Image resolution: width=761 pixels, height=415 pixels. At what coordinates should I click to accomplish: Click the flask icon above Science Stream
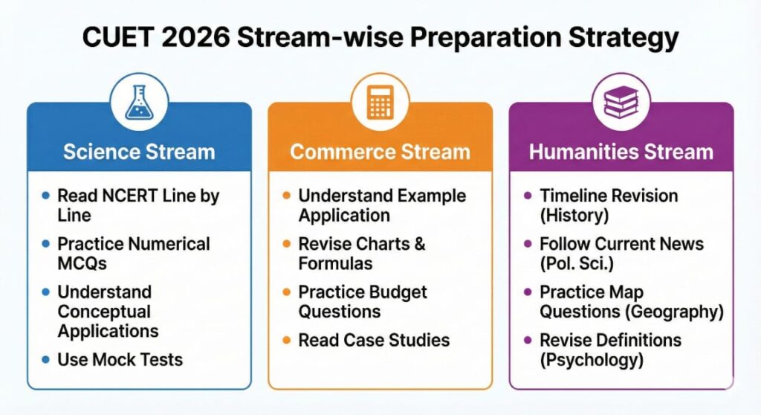coord(139,103)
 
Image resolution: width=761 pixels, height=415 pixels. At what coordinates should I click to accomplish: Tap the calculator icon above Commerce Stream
coord(380,103)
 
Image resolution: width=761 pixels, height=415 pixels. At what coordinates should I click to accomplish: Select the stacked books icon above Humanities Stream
coord(621,103)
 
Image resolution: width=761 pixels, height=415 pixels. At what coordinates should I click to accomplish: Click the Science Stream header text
coord(139,152)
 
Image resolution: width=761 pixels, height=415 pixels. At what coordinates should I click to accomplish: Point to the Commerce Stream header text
coord(380,152)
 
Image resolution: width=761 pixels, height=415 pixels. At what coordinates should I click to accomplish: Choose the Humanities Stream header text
coord(621,152)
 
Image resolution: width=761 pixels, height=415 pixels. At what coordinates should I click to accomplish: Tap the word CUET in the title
coord(116,37)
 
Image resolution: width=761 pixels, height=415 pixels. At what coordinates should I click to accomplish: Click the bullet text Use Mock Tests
coord(120,360)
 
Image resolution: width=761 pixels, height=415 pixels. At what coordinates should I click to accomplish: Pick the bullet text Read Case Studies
coord(374,341)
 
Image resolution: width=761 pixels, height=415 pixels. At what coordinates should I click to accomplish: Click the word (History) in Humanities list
coord(574,215)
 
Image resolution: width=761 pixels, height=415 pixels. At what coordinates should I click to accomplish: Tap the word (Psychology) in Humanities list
coord(591,360)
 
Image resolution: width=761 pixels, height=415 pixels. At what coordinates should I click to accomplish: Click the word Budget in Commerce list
coord(395,292)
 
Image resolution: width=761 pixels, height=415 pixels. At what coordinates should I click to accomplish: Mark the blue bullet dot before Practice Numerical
coord(46,244)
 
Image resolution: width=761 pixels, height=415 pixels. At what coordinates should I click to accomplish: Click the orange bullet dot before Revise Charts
coord(287,244)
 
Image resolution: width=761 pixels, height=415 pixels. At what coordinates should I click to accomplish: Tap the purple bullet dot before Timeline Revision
coord(528,196)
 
